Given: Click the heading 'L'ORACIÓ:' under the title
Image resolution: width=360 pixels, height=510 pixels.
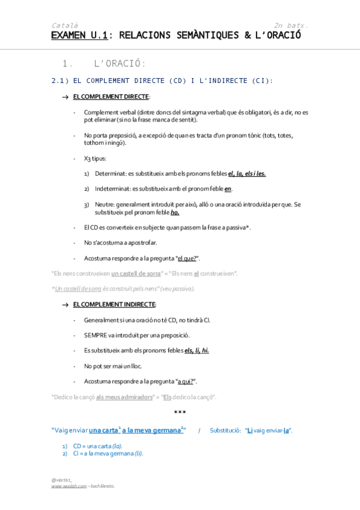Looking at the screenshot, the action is point(120,64).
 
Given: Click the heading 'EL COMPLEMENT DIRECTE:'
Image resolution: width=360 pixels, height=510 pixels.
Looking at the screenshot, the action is point(111,97).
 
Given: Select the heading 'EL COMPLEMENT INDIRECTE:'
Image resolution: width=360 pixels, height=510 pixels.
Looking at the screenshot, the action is point(114,305).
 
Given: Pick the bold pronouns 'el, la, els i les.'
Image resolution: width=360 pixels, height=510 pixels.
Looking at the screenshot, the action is point(247,174).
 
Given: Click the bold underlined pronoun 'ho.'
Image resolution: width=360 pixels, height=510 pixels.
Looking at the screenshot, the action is point(175,212).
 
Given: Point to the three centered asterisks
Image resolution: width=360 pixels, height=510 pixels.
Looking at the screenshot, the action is point(180,413).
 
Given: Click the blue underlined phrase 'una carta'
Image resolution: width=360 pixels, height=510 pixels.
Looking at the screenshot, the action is point(103,431).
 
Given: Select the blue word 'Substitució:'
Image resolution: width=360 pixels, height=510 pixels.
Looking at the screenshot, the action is point(225,431).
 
